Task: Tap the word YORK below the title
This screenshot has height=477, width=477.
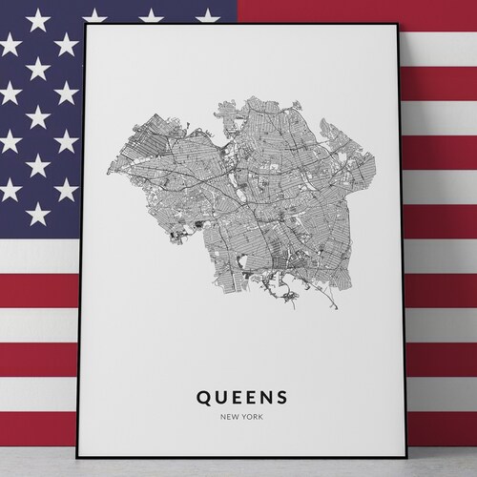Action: [253, 417]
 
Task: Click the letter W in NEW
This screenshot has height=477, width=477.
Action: [238, 417]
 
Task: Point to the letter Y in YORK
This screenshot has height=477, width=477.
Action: [245, 417]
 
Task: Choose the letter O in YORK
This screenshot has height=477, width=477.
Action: [250, 417]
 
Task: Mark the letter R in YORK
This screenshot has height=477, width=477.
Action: [256, 417]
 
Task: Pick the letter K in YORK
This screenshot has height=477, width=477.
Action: [261, 417]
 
